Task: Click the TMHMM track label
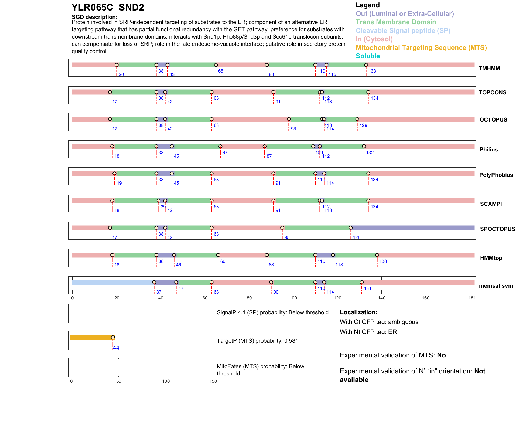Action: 489,68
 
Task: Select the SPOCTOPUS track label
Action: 497,229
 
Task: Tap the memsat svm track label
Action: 496,286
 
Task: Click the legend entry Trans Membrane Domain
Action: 396,22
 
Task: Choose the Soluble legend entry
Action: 368,56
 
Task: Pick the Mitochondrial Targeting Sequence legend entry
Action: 421,48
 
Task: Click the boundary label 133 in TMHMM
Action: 372,71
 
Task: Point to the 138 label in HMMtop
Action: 383,261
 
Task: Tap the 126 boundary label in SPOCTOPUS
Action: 357,237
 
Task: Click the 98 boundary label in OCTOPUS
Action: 293,129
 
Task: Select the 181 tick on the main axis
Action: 472,298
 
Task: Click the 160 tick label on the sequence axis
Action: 426,298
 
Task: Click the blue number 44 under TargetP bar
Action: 116,348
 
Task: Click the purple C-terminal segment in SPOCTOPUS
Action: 413,228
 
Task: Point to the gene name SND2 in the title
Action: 131,8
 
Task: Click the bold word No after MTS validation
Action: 441,355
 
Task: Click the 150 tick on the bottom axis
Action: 213,381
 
